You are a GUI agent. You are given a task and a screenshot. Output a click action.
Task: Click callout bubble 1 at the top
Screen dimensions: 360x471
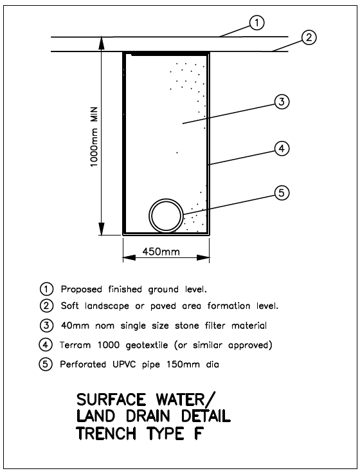pyautogui.click(x=256, y=23)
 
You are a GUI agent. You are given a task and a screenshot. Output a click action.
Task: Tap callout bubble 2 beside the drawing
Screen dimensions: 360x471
pyautogui.click(x=309, y=37)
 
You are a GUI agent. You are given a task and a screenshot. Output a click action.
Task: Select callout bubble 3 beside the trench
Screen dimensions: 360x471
pyautogui.click(x=282, y=102)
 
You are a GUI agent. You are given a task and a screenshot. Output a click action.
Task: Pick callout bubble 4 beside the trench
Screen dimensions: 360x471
pyautogui.click(x=282, y=149)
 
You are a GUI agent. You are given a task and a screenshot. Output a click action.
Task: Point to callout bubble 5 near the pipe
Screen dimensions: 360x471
pyautogui.click(x=282, y=193)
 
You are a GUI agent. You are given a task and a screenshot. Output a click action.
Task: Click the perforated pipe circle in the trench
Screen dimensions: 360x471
pyautogui.click(x=166, y=199)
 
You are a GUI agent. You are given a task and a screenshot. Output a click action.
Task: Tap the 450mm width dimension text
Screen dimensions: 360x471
pyautogui.click(x=161, y=251)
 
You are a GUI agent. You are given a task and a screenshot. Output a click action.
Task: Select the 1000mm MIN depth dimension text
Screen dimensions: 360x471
pyautogui.click(x=94, y=136)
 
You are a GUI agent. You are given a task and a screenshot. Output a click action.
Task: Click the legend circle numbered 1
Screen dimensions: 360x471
pyautogui.click(x=46, y=290)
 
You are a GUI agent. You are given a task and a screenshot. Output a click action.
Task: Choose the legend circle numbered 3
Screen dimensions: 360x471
pyautogui.click(x=46, y=326)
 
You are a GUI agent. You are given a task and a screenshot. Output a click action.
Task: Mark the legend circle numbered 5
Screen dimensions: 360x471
pyautogui.click(x=46, y=364)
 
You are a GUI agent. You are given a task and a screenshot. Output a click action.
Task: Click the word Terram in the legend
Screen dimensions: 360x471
pyautogui.click(x=75, y=345)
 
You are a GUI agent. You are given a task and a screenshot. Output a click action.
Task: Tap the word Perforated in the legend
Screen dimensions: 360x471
pyautogui.click(x=83, y=364)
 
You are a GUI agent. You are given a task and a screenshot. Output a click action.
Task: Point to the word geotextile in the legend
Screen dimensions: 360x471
pyautogui.click(x=147, y=346)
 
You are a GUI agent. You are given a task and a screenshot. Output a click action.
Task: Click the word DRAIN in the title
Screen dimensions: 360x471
pyautogui.click(x=148, y=416)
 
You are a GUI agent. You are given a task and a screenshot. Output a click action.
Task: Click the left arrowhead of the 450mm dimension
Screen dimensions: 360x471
pyautogui.click(x=129, y=258)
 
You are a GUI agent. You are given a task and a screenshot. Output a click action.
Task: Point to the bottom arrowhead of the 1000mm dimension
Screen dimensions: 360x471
pyautogui.click(x=102, y=229)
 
